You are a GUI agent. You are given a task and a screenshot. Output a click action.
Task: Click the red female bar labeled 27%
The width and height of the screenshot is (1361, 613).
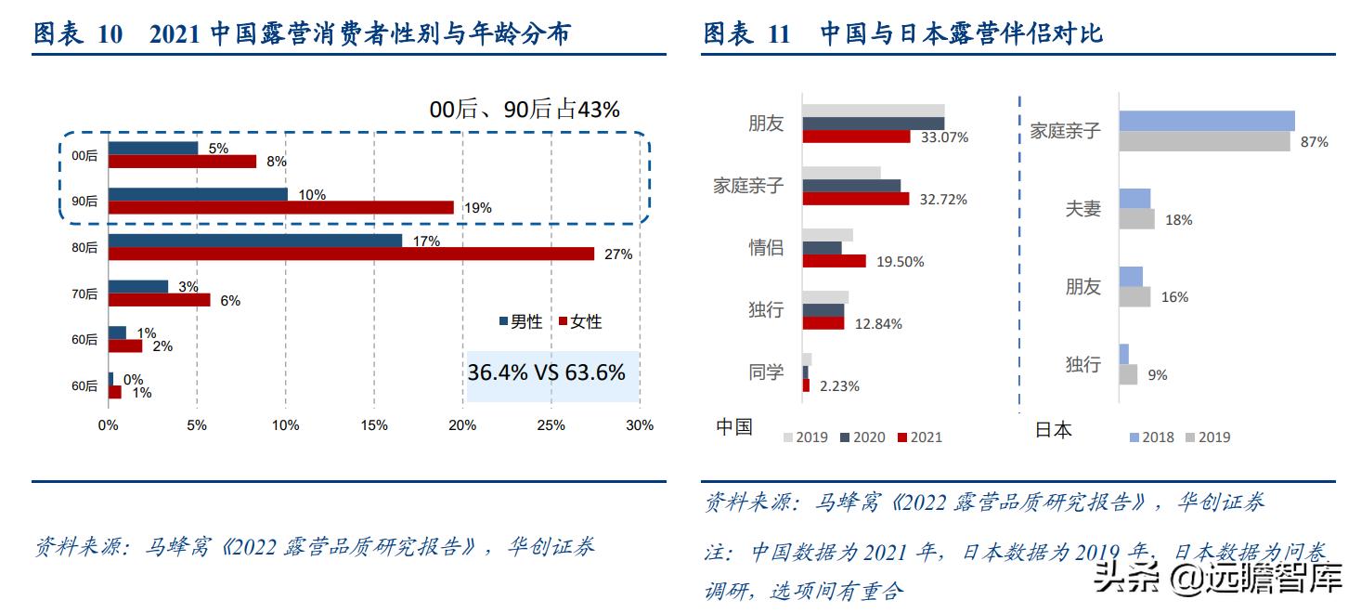point(351,254)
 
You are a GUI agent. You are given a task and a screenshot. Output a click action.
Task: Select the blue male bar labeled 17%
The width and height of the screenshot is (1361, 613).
point(255,241)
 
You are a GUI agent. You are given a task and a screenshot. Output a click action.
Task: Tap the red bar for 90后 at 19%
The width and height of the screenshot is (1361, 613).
point(280,207)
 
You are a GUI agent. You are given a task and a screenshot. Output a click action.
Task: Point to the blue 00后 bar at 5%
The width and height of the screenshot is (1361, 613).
point(153,148)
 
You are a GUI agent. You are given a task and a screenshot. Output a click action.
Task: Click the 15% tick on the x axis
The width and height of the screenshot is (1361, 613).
point(374,425)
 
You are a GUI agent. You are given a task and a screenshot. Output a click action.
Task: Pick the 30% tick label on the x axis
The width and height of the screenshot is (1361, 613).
point(639,425)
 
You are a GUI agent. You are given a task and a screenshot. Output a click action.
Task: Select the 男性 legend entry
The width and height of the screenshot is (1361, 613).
point(521,321)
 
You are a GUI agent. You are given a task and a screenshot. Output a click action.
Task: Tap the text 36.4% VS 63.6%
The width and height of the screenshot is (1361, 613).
point(546,373)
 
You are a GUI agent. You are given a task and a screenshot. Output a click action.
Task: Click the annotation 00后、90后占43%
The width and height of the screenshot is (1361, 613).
point(524,110)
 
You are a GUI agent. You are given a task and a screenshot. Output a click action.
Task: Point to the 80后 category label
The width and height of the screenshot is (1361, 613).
point(84,248)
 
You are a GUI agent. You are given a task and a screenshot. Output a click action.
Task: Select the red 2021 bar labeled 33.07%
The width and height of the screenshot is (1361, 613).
point(856,137)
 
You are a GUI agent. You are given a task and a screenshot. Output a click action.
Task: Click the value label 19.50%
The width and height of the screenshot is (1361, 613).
point(901,262)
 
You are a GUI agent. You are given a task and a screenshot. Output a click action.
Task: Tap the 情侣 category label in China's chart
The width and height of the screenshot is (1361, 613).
point(766,248)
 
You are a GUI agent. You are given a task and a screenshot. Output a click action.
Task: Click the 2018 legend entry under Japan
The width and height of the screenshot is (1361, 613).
point(1150,437)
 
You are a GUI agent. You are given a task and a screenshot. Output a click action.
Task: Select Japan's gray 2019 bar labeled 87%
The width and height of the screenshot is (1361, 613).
point(1204,141)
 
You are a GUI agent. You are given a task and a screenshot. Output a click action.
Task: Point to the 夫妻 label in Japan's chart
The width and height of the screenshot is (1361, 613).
point(1082,209)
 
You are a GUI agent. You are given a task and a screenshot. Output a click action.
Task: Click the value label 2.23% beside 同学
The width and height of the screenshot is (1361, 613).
point(839,385)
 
